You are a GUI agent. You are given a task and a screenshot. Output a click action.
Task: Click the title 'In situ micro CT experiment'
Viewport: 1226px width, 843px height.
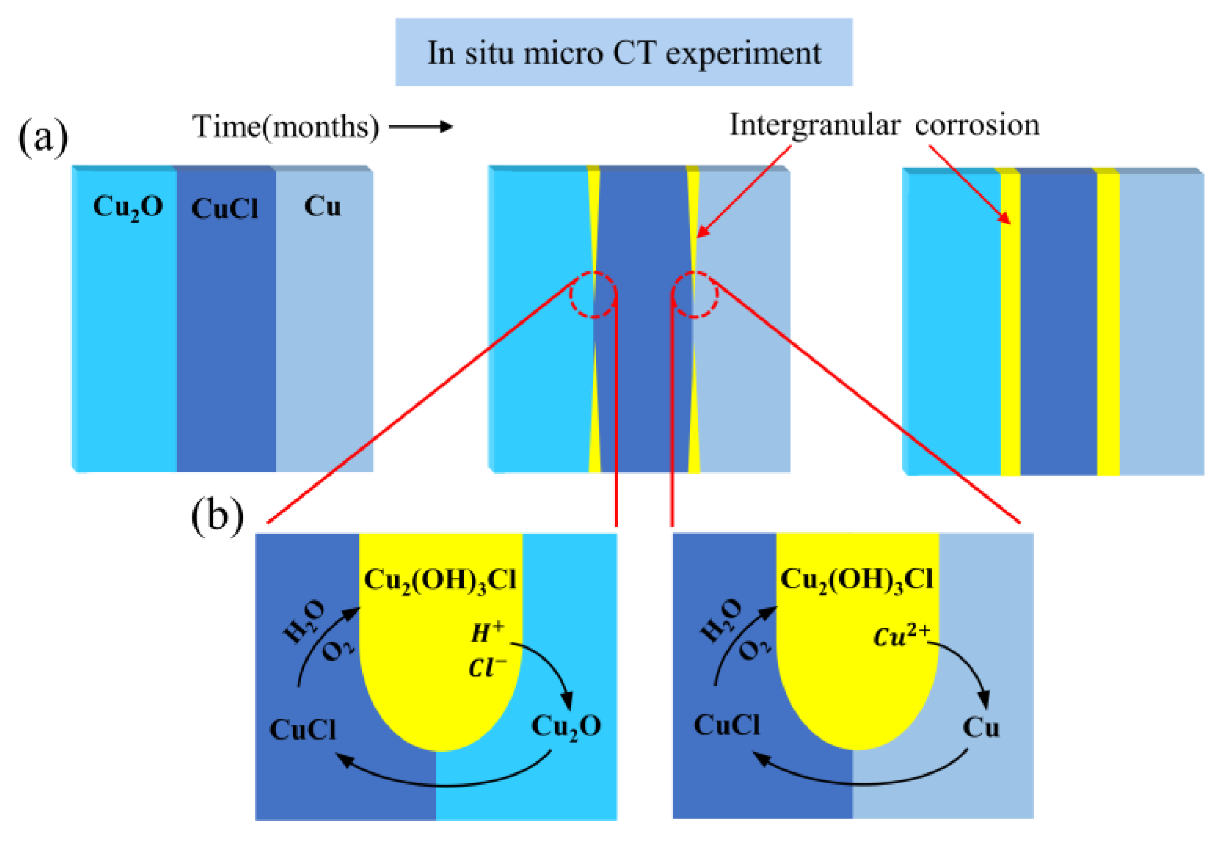(623, 53)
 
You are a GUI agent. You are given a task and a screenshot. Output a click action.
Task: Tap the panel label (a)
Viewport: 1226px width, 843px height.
(43, 137)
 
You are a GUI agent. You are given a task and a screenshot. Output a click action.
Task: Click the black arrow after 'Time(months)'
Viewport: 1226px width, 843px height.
(421, 127)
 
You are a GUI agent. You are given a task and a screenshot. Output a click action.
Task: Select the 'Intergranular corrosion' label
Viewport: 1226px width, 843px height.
(884, 125)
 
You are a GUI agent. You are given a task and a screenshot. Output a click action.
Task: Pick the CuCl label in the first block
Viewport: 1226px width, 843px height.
(224, 209)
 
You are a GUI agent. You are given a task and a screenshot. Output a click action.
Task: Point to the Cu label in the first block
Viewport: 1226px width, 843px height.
(322, 206)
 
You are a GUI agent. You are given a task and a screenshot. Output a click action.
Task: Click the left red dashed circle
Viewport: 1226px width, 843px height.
(593, 295)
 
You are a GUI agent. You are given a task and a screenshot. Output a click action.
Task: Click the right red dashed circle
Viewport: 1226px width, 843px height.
(695, 295)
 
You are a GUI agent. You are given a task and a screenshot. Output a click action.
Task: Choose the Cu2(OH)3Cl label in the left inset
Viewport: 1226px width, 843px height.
(440, 581)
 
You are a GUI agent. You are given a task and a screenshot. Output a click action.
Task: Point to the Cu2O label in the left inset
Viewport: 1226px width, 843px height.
(566, 727)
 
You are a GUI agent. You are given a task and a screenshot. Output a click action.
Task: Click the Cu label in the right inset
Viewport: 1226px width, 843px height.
(981, 728)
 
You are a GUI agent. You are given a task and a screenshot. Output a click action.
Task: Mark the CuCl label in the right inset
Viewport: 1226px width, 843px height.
(727, 725)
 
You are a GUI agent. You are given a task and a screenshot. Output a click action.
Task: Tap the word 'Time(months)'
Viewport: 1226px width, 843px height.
(286, 127)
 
